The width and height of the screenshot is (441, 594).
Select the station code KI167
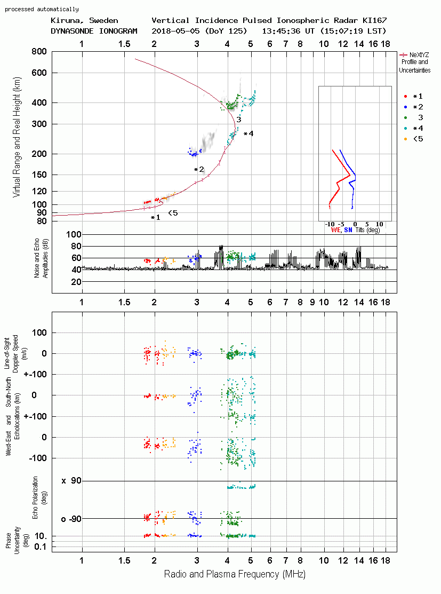(375, 20)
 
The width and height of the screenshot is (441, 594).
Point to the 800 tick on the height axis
(39, 51)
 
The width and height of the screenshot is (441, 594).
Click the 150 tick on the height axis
(39, 175)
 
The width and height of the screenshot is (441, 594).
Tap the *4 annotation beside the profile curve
(248, 134)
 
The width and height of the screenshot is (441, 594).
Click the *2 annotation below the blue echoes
(199, 169)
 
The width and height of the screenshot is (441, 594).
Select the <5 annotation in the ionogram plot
(173, 213)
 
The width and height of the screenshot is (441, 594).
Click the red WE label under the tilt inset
(335, 230)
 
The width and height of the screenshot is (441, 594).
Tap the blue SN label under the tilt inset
(348, 230)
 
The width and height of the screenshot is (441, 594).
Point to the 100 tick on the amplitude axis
(74, 234)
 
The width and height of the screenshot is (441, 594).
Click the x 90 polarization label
(71, 481)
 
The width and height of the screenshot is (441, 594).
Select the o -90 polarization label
(71, 519)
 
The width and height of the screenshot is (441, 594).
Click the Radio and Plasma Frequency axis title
(235, 574)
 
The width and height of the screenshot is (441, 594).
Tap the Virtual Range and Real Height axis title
(17, 137)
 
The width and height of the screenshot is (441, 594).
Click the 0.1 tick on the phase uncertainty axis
(41, 547)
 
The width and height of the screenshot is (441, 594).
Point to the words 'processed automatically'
(42, 9)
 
